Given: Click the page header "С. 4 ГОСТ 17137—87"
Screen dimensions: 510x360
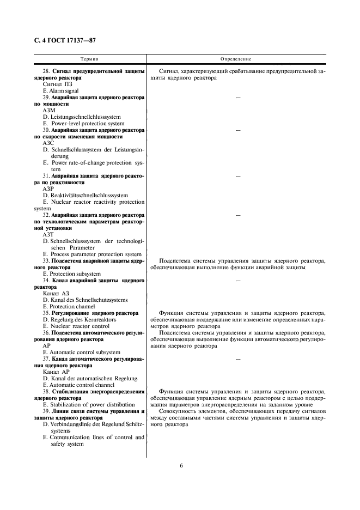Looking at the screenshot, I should pos(65,40).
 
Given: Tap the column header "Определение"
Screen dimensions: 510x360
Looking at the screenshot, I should pos(236,58).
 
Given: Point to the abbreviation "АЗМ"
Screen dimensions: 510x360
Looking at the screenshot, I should pos(50,110).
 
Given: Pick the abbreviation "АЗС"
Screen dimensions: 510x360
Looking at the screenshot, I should pos(50,143).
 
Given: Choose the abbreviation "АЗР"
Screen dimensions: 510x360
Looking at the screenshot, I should pos(50,189).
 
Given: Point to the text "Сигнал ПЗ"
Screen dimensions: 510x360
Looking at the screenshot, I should pos(57,84).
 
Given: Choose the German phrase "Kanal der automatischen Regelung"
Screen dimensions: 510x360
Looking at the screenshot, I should pos(90,378).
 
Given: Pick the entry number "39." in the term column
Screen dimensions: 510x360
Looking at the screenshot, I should pos(47,411).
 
